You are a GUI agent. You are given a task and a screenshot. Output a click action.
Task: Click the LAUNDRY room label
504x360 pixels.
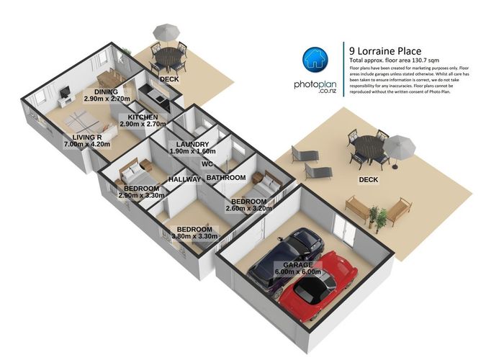coord(192,144)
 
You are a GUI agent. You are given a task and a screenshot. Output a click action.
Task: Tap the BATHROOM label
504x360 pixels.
coord(226,176)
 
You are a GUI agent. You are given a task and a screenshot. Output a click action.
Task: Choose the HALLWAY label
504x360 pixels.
coord(184,179)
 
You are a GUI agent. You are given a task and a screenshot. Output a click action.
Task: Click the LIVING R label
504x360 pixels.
coord(81,136)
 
